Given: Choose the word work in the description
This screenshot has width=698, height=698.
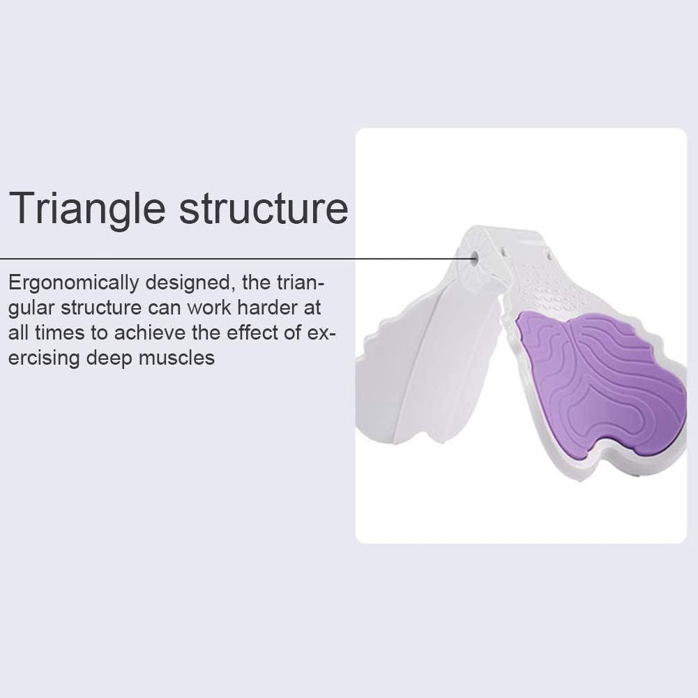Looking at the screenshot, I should click(x=210, y=308).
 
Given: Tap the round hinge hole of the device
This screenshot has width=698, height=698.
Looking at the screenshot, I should click(x=474, y=258).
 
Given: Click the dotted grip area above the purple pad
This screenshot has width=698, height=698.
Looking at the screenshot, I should click(x=551, y=289).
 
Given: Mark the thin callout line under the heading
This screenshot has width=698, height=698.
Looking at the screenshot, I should click(x=209, y=258).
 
